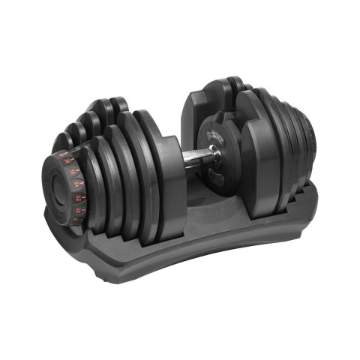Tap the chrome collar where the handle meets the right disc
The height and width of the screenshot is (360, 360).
212,153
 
